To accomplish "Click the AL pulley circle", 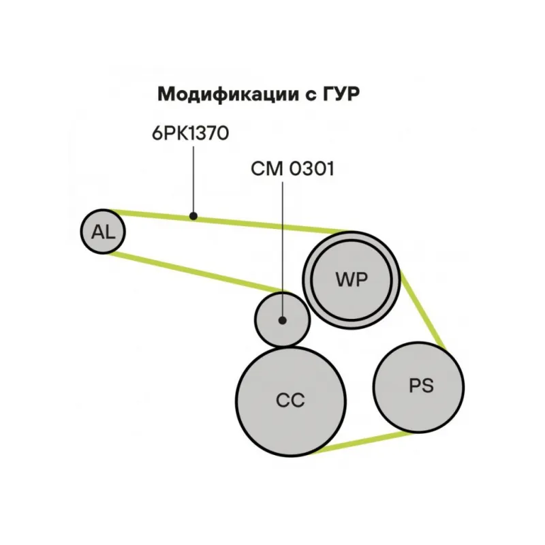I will [x=104, y=232].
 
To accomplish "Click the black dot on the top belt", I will [x=193, y=217].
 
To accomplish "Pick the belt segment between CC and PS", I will [x=361, y=441].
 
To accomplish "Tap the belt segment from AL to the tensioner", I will [x=198, y=274].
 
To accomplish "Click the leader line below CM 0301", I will [x=283, y=245].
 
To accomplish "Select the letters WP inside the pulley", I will [x=351, y=279].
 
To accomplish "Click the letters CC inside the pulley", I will [x=290, y=400].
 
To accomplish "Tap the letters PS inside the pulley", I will [x=420, y=386].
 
